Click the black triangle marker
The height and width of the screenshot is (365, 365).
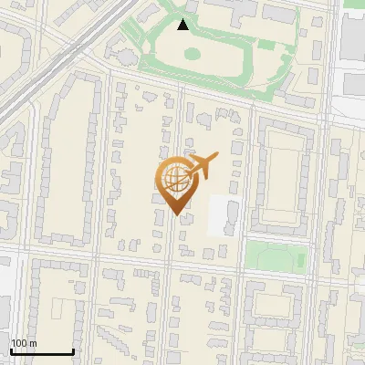(x=183, y=25)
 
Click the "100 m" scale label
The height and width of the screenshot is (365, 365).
(x=24, y=343)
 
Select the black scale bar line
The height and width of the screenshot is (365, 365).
(x=42, y=351)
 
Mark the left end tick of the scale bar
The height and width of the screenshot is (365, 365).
(x=11, y=350)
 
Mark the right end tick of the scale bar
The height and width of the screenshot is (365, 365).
(x=73, y=350)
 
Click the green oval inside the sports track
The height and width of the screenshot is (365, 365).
(x=193, y=54)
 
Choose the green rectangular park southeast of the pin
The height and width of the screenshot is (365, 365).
(x=275, y=255)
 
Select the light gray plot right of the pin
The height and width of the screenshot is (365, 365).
(x=224, y=215)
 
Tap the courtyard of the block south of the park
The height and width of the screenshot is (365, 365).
(x=274, y=310)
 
